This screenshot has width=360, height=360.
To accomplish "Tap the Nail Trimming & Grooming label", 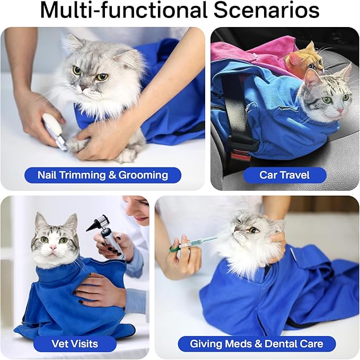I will [102, 175].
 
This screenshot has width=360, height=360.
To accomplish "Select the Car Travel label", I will [284, 175].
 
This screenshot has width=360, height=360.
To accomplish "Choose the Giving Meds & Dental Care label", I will [257, 344].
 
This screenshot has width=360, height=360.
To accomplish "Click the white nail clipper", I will [55, 130].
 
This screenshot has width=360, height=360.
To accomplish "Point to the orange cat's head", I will [304, 59].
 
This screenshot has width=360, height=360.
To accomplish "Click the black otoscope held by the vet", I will [106, 233].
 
